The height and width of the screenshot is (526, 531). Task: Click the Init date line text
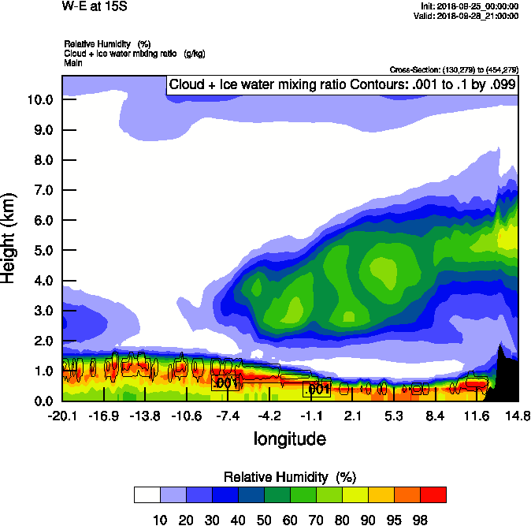click(470, 6)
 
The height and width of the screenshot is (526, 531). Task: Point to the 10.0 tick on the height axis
click(39, 100)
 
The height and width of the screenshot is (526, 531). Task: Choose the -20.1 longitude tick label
click(62, 416)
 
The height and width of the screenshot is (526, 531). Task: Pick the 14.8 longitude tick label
click(518, 416)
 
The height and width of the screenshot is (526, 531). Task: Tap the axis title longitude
click(289, 438)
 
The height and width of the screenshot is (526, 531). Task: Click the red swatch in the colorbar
click(433, 494)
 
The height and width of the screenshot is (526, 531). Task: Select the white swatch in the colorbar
click(147, 494)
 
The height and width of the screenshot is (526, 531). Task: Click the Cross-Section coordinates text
click(454, 69)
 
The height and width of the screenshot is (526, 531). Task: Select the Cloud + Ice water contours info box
click(341, 84)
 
